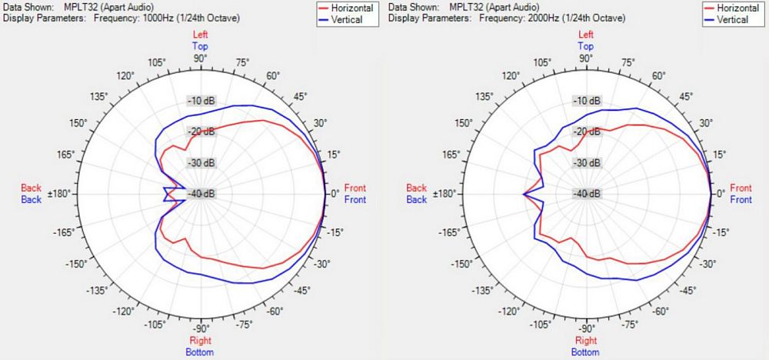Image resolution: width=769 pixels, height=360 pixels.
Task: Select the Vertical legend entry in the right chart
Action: [x=732, y=19]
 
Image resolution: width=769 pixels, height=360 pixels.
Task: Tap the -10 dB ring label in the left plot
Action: [x=201, y=101]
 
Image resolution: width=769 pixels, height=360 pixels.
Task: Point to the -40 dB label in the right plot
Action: [x=587, y=193]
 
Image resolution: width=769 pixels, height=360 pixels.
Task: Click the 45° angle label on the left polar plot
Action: [x=301, y=96]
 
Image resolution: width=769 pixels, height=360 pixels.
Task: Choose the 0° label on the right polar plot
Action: [x=721, y=194]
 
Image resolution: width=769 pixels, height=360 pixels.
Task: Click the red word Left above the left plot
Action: [x=201, y=35]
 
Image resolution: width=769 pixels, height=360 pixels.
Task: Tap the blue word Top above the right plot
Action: [x=586, y=46]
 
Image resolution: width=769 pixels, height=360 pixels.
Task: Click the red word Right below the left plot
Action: [x=201, y=341]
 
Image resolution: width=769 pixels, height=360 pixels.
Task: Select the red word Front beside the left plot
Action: [x=355, y=188]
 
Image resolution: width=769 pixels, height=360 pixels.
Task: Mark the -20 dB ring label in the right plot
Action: [x=587, y=132]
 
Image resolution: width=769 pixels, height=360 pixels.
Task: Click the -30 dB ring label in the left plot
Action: [x=201, y=162]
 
